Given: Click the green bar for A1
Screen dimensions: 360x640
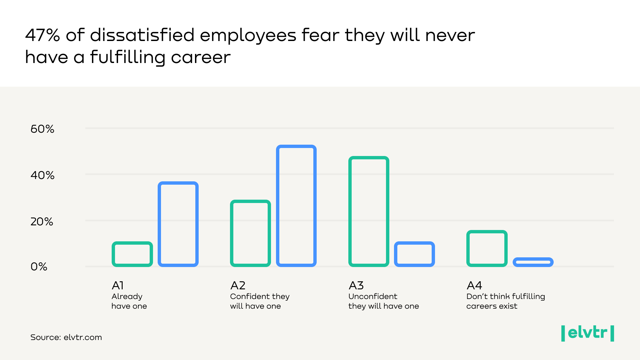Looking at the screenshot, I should coord(132,254).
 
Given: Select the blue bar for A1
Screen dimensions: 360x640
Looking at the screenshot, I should coord(178,224).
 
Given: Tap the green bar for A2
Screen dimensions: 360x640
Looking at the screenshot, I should coord(250,233).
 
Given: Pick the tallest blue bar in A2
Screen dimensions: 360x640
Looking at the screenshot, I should coord(296,206).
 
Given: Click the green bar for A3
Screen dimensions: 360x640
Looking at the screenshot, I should coord(369,211).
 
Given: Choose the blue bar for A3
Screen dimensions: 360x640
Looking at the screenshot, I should coord(414,254).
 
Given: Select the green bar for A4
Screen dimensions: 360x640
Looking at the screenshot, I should coord(487,248).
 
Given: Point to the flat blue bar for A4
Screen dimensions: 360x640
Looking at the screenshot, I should coord(533,262).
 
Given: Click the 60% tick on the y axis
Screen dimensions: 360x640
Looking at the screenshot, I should coord(42,129).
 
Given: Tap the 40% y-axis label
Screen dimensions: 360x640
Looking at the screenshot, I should coord(42,175).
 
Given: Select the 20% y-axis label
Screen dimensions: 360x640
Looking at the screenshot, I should coord(42,222).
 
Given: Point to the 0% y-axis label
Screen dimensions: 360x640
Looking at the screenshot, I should coord(39,267).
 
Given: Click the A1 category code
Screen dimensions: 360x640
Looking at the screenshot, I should coord(118,286).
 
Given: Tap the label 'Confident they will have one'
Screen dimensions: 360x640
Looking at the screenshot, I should coord(260,301).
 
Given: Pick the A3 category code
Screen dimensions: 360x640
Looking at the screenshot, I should coord(356,286).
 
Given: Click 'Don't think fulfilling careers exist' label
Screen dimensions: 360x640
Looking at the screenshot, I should coord(505,301).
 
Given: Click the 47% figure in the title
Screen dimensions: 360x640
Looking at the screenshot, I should coord(42,35).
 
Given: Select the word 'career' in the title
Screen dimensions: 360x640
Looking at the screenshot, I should coord(201,57).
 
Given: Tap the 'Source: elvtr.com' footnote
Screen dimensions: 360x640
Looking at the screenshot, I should coord(66,337).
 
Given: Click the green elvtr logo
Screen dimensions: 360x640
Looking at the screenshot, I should coord(587,333).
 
